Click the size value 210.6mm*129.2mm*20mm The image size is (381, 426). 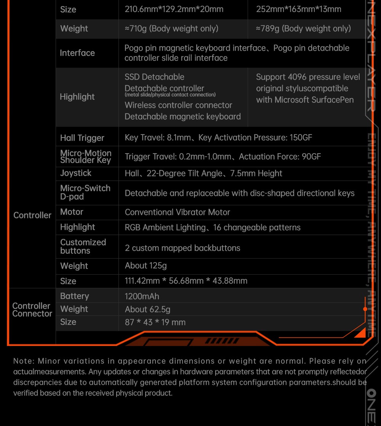point(174,9)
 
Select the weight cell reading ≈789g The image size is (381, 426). point(303,29)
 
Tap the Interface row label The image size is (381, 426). point(77,53)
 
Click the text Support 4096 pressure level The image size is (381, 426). point(308,77)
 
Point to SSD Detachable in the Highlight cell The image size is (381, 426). point(154,77)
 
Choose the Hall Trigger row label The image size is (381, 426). point(82,138)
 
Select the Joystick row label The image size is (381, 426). point(76,173)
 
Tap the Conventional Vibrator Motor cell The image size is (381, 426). point(178,212)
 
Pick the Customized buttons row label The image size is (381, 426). point(83,246)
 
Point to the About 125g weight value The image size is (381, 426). point(146,266)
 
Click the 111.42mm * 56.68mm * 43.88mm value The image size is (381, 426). point(186,281)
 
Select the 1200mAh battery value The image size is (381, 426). point(142,296)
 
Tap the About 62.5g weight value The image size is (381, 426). point(147,309)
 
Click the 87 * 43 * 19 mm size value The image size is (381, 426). point(155,322)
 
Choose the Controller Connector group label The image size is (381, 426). point(32,310)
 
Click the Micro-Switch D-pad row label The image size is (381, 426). point(85,192)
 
